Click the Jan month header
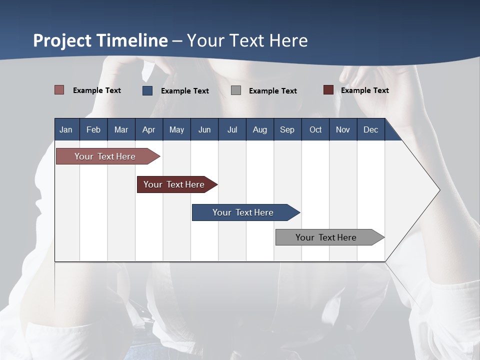(66, 129)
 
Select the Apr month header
(148, 129)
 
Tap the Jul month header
(232, 129)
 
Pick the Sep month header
(287, 129)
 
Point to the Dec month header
(370, 129)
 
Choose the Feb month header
(93, 129)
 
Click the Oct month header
(315, 129)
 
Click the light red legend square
(59, 90)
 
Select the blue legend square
(147, 90)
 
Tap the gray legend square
(236, 90)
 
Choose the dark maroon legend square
(328, 90)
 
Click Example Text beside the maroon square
(364, 90)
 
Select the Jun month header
(204, 129)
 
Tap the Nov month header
(343, 129)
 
